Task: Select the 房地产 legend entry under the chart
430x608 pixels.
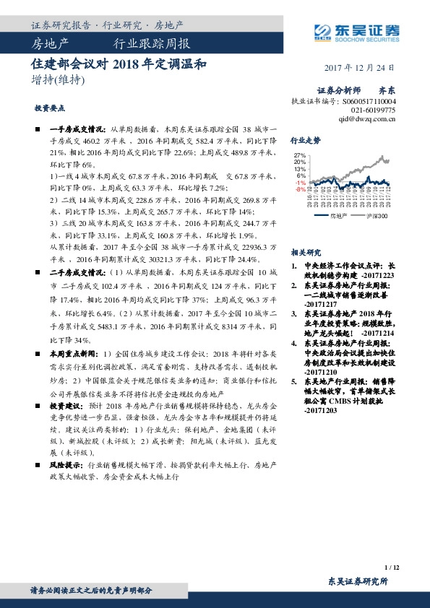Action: pyautogui.click(x=338, y=216)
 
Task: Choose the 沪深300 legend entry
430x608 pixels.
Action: pyautogui.click(x=378, y=216)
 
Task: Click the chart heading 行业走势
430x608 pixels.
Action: pyautogui.click(x=305, y=141)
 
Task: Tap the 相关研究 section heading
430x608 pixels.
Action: pyautogui.click(x=305, y=252)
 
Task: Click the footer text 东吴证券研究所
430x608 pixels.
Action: pyautogui.click(x=358, y=581)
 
